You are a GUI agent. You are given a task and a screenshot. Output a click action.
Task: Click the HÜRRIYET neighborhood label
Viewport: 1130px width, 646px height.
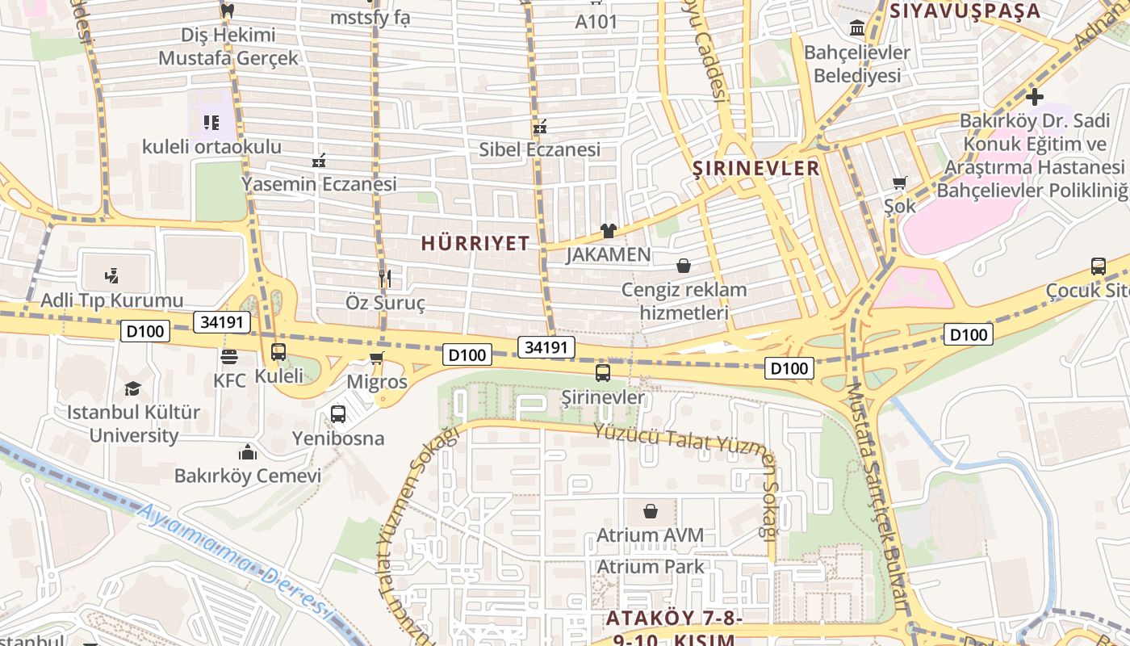pyautogui.click(x=475, y=243)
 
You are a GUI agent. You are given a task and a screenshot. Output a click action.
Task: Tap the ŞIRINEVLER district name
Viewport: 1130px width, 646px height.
pyautogui.click(x=756, y=168)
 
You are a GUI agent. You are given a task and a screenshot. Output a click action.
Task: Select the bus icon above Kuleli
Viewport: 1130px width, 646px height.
pyautogui.click(x=278, y=352)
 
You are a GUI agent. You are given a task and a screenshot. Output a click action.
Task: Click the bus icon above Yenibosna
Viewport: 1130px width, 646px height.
pyautogui.click(x=338, y=414)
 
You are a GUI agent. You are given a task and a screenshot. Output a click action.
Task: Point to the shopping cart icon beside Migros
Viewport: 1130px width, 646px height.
pyautogui.click(x=376, y=358)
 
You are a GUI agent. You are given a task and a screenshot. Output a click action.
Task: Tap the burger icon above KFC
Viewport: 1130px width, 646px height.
pyautogui.click(x=229, y=356)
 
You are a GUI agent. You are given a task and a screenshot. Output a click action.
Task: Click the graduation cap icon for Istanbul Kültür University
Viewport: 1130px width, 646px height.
pyautogui.click(x=132, y=388)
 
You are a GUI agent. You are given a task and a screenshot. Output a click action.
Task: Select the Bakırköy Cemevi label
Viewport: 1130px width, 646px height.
pyautogui.click(x=248, y=476)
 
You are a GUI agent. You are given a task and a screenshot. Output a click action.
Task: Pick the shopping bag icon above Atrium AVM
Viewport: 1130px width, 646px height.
pyautogui.click(x=651, y=511)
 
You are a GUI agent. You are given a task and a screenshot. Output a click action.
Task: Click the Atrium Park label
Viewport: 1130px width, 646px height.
pyautogui.click(x=650, y=566)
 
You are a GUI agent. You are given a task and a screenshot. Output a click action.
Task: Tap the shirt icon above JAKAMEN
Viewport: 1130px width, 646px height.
pyautogui.click(x=609, y=231)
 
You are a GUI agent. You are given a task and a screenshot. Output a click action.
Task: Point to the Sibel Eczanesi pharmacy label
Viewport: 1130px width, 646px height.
pyautogui.click(x=539, y=149)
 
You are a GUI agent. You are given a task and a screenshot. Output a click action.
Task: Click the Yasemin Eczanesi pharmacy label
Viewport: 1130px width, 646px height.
pyautogui.click(x=319, y=184)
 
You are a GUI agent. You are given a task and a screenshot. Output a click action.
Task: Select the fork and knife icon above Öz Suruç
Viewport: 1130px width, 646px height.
pyautogui.click(x=385, y=279)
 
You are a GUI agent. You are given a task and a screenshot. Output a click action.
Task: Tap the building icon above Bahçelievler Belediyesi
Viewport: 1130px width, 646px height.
pyautogui.click(x=857, y=29)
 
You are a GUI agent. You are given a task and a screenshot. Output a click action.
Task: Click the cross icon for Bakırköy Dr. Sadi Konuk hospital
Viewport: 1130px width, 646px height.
pyautogui.click(x=1034, y=97)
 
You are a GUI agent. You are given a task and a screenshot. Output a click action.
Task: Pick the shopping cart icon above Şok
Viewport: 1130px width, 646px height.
pyautogui.click(x=900, y=182)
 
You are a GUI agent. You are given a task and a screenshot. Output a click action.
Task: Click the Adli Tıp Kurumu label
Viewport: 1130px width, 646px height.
pyautogui.click(x=112, y=300)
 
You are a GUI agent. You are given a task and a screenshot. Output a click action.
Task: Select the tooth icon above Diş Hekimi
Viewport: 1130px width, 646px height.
pyautogui.click(x=227, y=10)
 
